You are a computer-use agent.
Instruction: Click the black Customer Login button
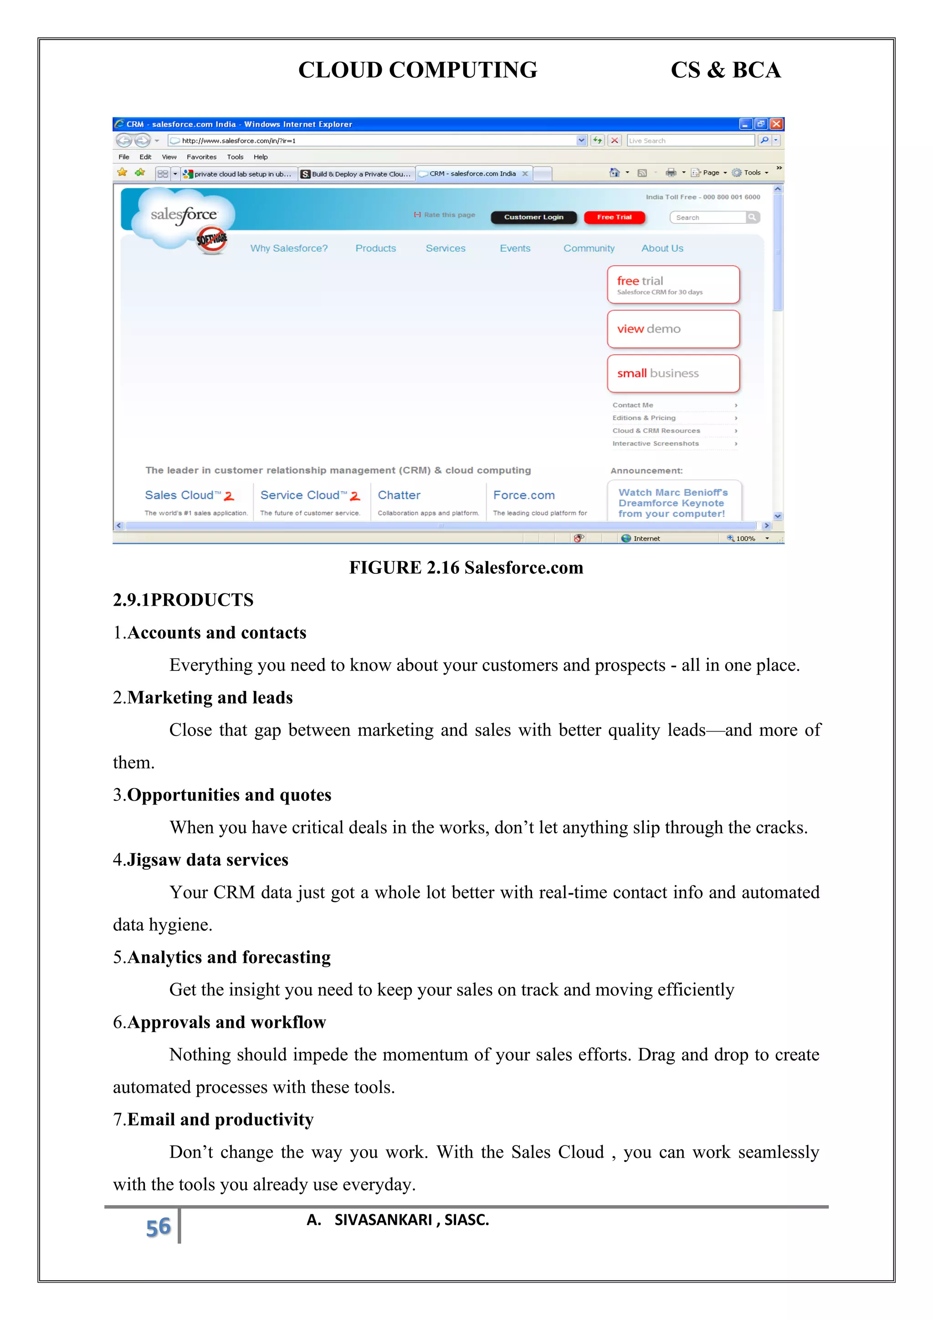click(534, 217)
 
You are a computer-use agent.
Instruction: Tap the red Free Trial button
click(614, 217)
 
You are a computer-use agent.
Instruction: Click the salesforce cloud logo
click(183, 216)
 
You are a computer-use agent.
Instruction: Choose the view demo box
click(673, 329)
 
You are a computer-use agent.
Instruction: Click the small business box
click(673, 373)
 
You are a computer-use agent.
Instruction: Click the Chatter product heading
click(399, 495)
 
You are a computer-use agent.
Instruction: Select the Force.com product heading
click(523, 495)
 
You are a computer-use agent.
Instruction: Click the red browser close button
click(776, 124)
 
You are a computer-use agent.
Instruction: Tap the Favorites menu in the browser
click(201, 157)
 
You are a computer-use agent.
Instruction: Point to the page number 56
click(158, 1227)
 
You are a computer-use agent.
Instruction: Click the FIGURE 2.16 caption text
click(466, 567)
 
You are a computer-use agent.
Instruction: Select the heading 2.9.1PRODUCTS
click(183, 600)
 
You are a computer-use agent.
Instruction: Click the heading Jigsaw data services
click(207, 860)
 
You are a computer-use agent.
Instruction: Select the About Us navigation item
click(662, 248)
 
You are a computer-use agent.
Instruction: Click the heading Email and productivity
click(220, 1119)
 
